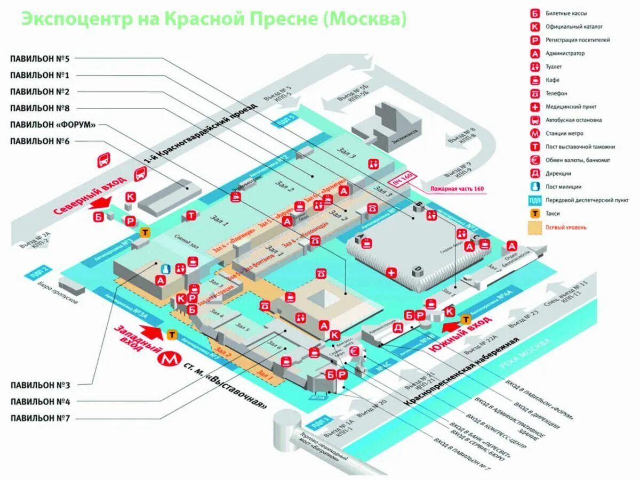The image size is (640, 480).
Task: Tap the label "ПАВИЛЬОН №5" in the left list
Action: [x=43, y=59]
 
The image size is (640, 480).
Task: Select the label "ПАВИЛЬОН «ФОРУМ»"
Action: [x=53, y=125]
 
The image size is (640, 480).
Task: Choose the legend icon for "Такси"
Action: [x=534, y=214]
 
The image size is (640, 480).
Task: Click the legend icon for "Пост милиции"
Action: [x=534, y=187]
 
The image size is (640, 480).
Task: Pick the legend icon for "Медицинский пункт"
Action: [x=534, y=107]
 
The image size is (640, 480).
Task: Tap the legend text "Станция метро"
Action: [x=564, y=134]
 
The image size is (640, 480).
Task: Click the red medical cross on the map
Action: [x=391, y=273]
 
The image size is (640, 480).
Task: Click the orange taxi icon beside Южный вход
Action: [x=465, y=319]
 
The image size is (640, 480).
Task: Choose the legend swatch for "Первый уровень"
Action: [x=534, y=227]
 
